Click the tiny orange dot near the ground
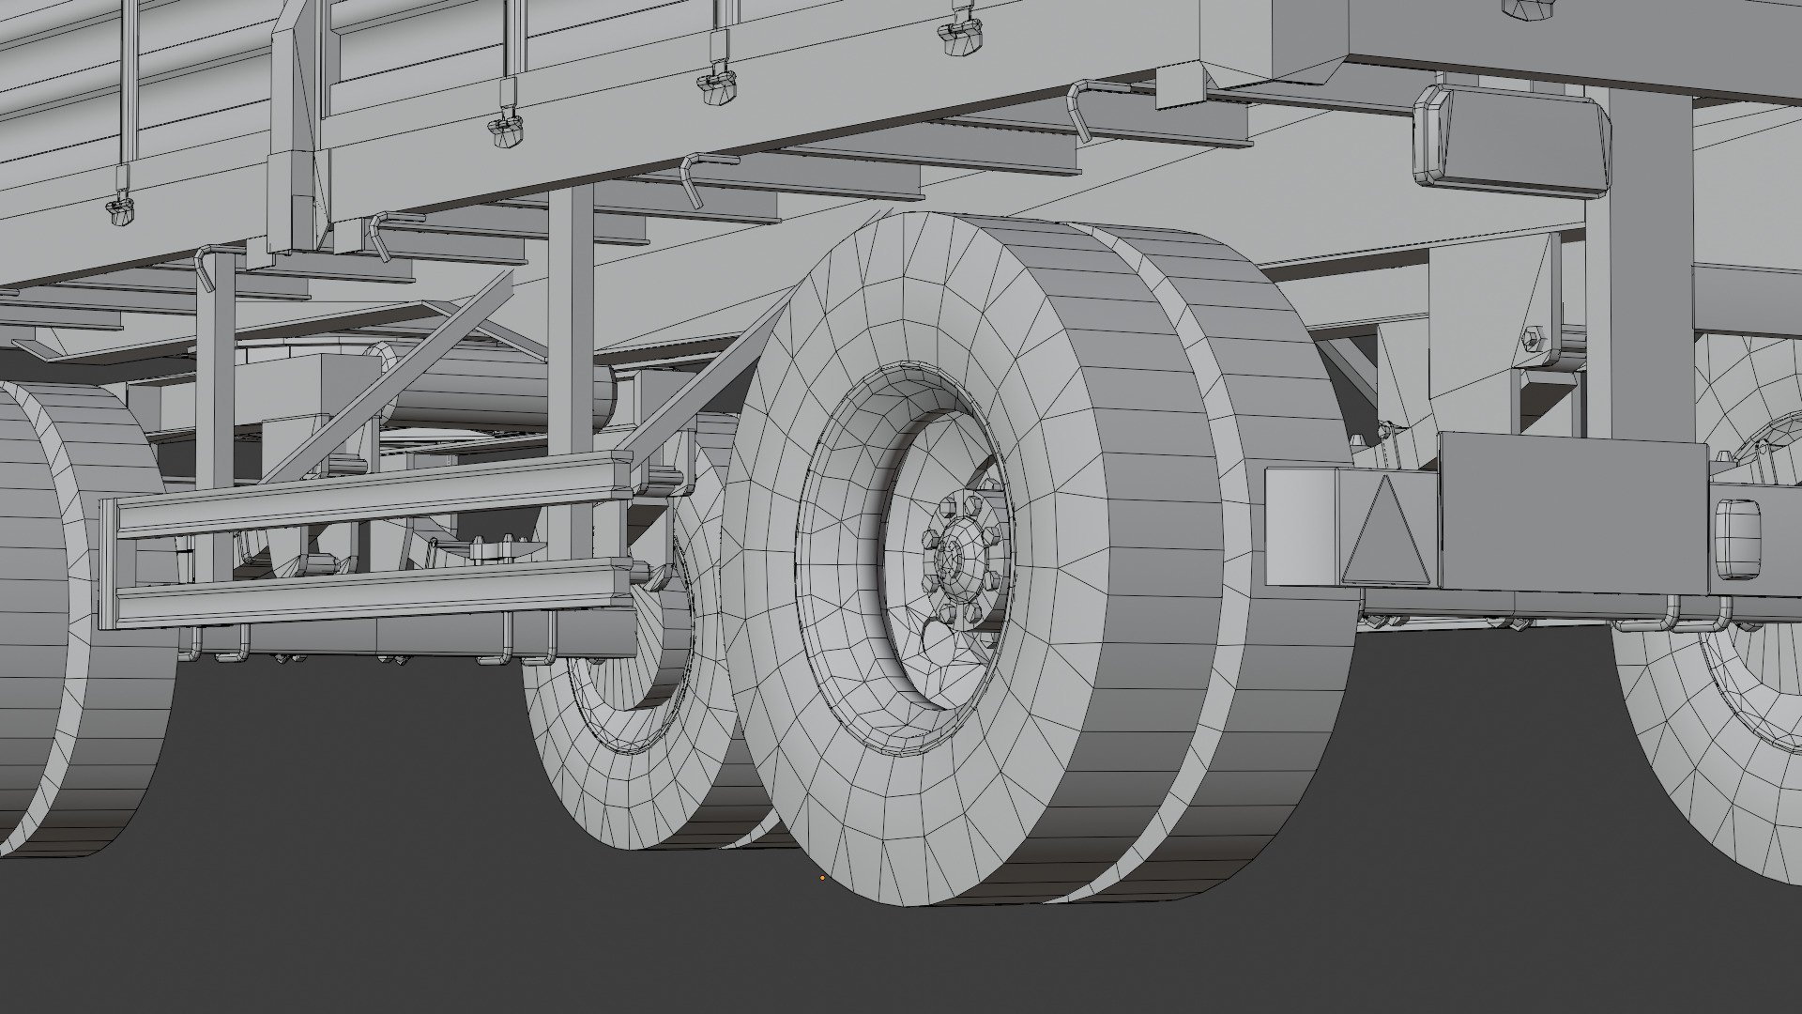pos(822,879)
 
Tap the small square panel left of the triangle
pos(1300,526)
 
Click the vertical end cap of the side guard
pos(108,563)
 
